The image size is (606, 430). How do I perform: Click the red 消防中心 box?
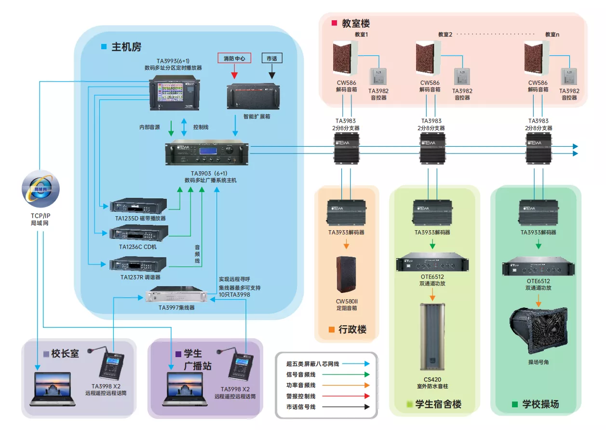pos(234,58)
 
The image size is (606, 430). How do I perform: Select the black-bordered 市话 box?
pos(271,58)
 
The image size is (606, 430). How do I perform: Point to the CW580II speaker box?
pos(346,275)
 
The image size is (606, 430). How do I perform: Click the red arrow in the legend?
pos(367,396)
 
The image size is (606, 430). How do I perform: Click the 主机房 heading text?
pos(126,47)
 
